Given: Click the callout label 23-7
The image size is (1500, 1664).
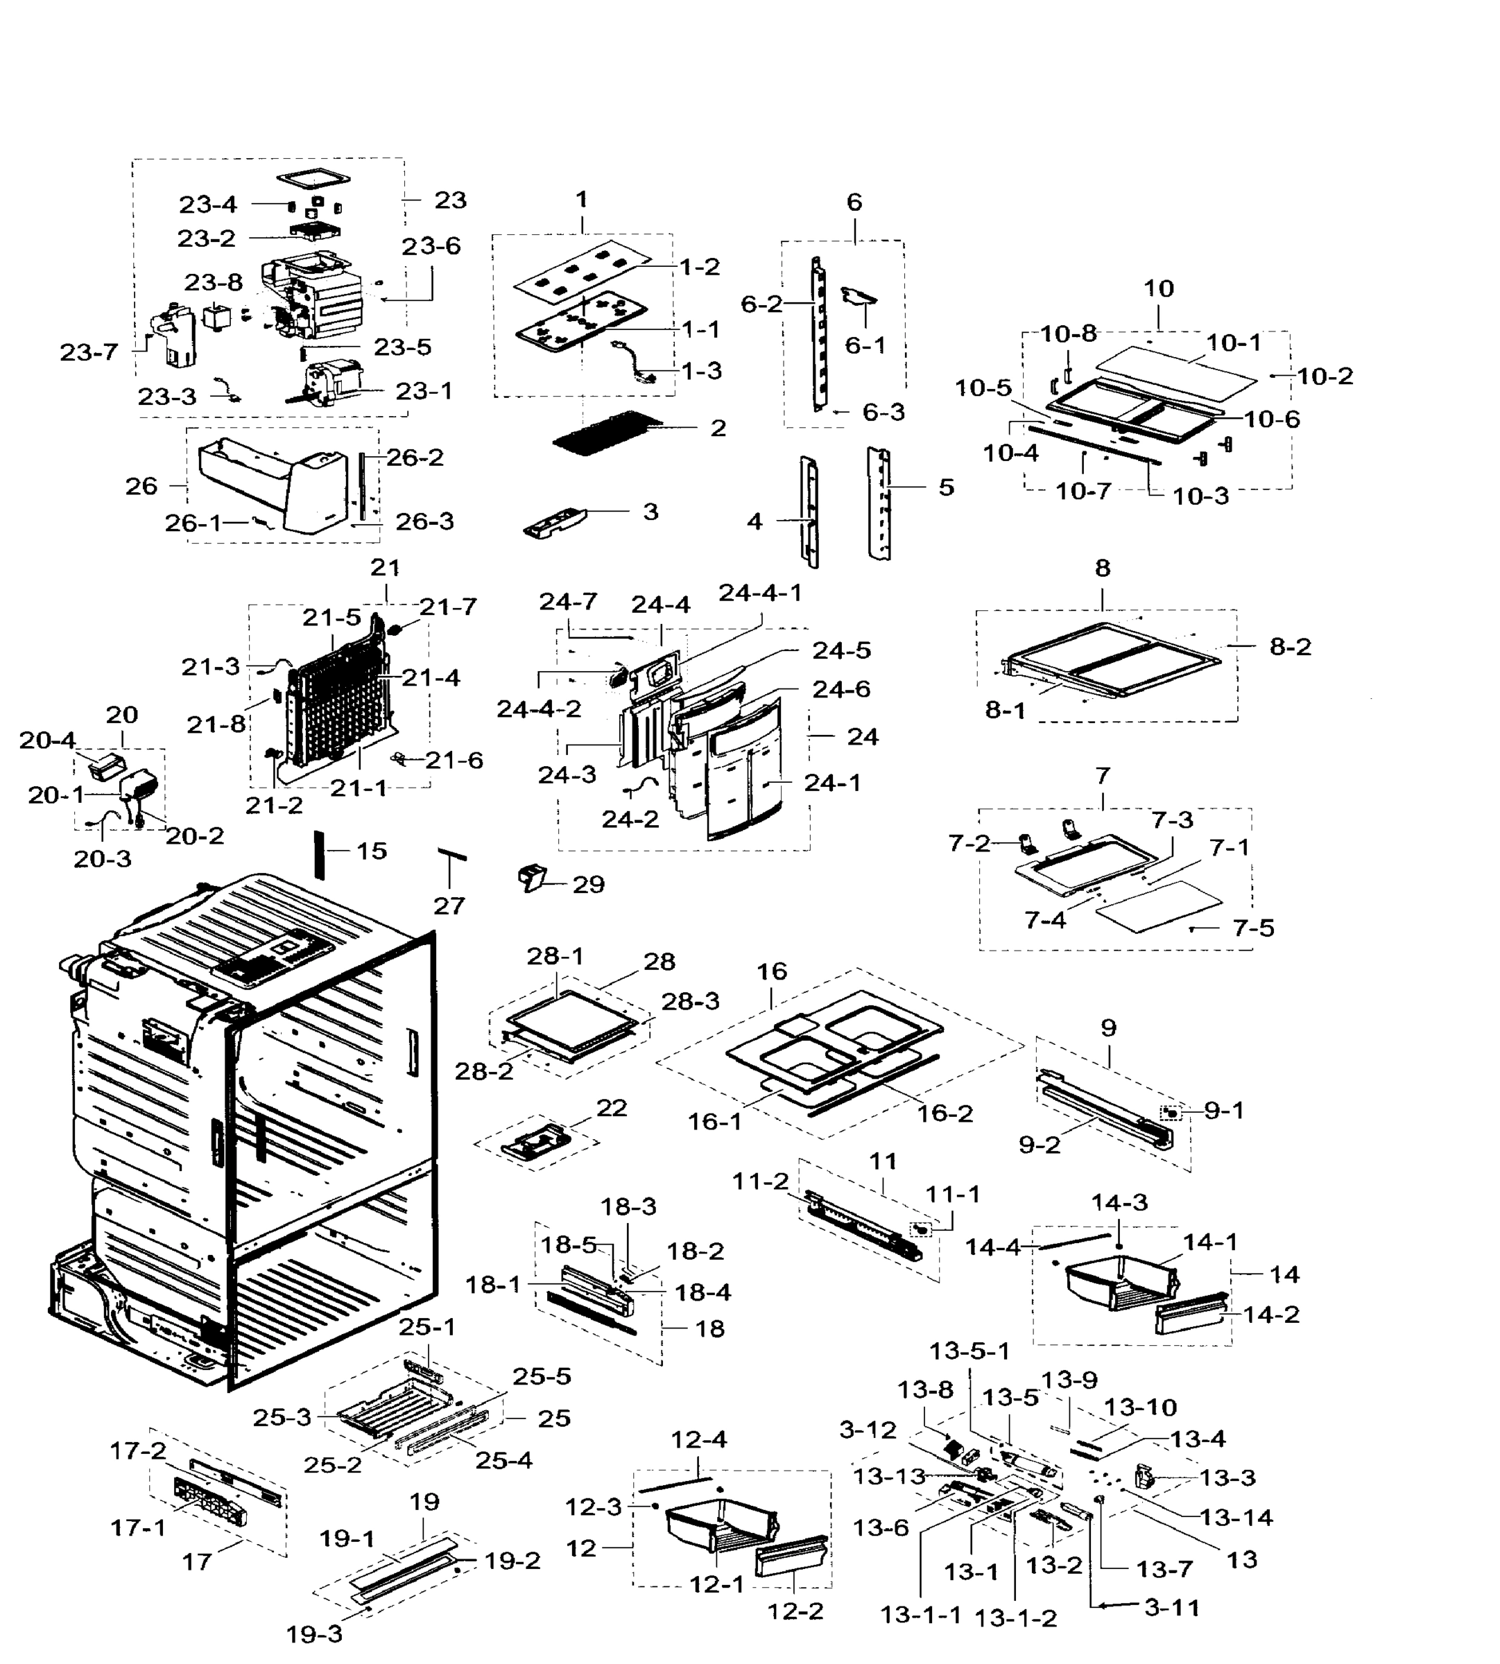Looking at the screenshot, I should [89, 352].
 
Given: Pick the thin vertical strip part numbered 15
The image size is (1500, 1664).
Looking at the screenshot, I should [320, 855].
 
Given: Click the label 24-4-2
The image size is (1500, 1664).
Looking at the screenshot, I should [539, 709].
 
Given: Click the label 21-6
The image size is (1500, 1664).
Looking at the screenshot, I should [454, 760].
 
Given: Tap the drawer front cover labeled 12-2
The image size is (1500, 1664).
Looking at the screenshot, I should [791, 1557].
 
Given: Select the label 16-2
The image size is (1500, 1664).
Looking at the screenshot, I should [945, 1113].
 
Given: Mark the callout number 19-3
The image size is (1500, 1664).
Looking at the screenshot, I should [314, 1633].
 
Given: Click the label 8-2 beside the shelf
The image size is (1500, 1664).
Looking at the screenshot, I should [1290, 647].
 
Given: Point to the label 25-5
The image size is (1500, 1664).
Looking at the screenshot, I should [542, 1376].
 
